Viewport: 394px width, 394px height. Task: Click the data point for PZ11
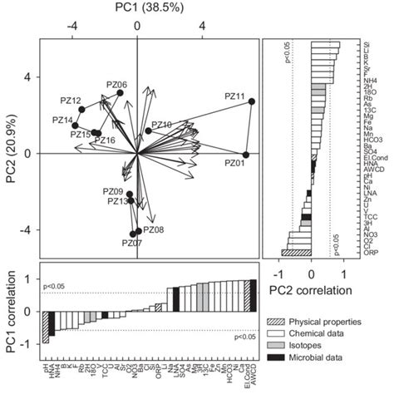coord(252,101)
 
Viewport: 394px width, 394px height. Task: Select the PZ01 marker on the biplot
coord(246,155)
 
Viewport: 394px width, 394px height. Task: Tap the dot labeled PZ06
coord(120,93)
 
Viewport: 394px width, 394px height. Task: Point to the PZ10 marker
coord(149,131)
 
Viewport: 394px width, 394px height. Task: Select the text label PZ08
coord(154,229)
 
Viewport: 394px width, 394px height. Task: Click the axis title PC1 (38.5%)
coord(138,9)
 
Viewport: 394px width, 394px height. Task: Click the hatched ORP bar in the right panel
coord(296,252)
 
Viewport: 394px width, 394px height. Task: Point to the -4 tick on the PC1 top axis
coord(73,25)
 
